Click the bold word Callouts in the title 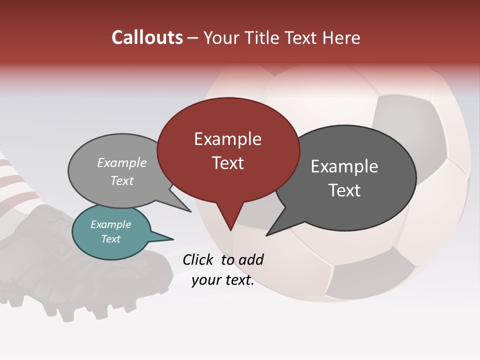(147, 37)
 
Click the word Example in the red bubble (227, 139)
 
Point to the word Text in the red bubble (227, 163)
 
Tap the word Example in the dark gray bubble (344, 166)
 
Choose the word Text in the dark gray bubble (344, 190)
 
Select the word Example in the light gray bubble (122, 162)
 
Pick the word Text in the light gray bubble (122, 180)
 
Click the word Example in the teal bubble (110, 224)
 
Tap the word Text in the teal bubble (110, 239)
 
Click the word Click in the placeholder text (198, 259)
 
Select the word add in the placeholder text (251, 259)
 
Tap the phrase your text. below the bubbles (223, 280)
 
